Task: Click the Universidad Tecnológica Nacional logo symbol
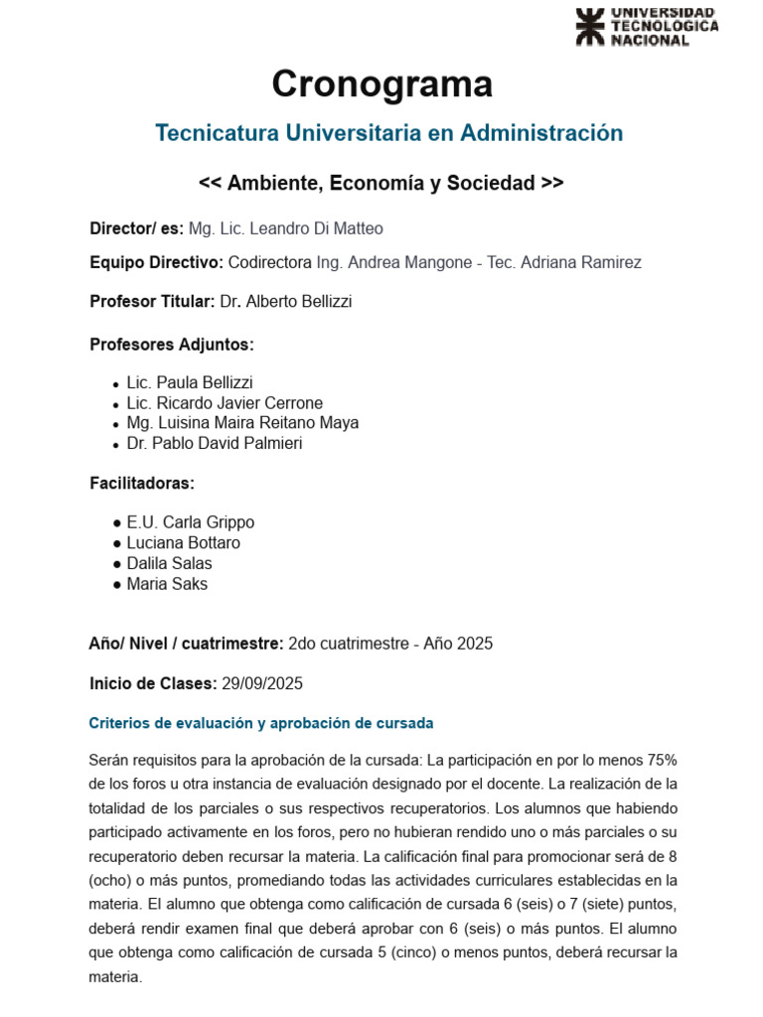click(x=589, y=27)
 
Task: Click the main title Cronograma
click(x=381, y=84)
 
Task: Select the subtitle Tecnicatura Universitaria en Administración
click(x=388, y=133)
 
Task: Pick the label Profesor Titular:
click(x=152, y=303)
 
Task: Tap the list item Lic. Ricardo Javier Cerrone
click(x=225, y=403)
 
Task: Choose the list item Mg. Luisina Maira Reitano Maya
click(x=242, y=423)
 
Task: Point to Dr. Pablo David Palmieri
click(x=215, y=444)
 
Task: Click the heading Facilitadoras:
click(x=142, y=484)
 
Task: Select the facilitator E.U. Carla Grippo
click(x=191, y=522)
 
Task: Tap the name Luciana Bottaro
click(x=183, y=543)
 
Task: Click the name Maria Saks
click(x=167, y=584)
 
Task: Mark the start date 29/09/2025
click(x=262, y=683)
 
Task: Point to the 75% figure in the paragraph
click(x=662, y=761)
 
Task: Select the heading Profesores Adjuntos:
click(x=172, y=345)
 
